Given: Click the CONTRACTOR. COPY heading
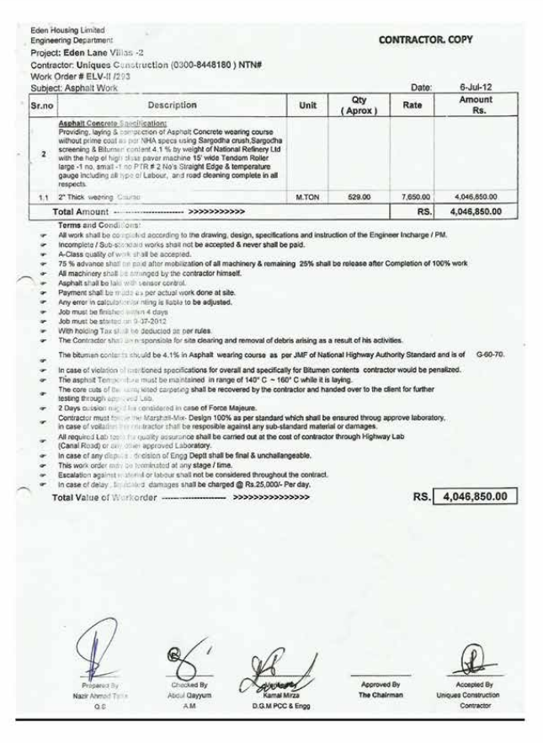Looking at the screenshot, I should coord(426,40).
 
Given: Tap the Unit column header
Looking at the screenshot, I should coord(307,105).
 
